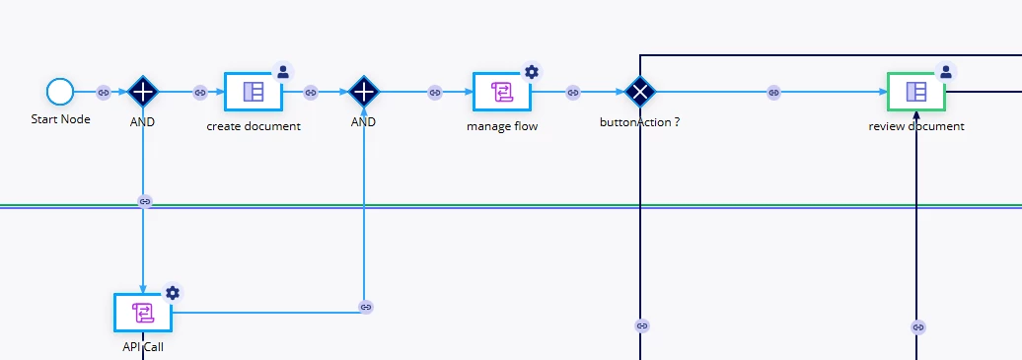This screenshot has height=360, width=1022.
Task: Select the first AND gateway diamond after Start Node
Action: (142, 92)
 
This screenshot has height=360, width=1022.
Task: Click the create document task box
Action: (254, 92)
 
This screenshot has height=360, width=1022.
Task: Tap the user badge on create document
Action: (283, 72)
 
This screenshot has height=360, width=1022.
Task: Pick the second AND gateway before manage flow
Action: (364, 92)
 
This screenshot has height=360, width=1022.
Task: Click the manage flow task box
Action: (502, 92)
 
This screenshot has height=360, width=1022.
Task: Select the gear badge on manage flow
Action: (531, 72)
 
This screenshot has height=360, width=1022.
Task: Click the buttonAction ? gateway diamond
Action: (640, 92)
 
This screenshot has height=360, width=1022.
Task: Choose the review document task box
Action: (916, 92)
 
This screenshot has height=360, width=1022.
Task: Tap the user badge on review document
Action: (946, 72)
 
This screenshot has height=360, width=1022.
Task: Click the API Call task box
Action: (143, 313)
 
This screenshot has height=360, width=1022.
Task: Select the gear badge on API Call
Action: (172, 293)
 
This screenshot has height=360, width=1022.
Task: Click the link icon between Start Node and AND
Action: (103, 93)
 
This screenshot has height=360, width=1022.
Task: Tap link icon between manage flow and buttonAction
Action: (573, 93)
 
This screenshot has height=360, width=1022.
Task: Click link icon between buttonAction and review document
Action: (773, 93)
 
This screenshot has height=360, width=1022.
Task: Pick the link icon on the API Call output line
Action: (366, 307)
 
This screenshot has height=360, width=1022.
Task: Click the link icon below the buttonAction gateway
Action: (642, 325)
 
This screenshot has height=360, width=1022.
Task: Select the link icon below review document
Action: (918, 326)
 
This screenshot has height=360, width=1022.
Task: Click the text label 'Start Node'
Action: (60, 119)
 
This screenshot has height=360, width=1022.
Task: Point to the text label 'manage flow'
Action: (502, 126)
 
